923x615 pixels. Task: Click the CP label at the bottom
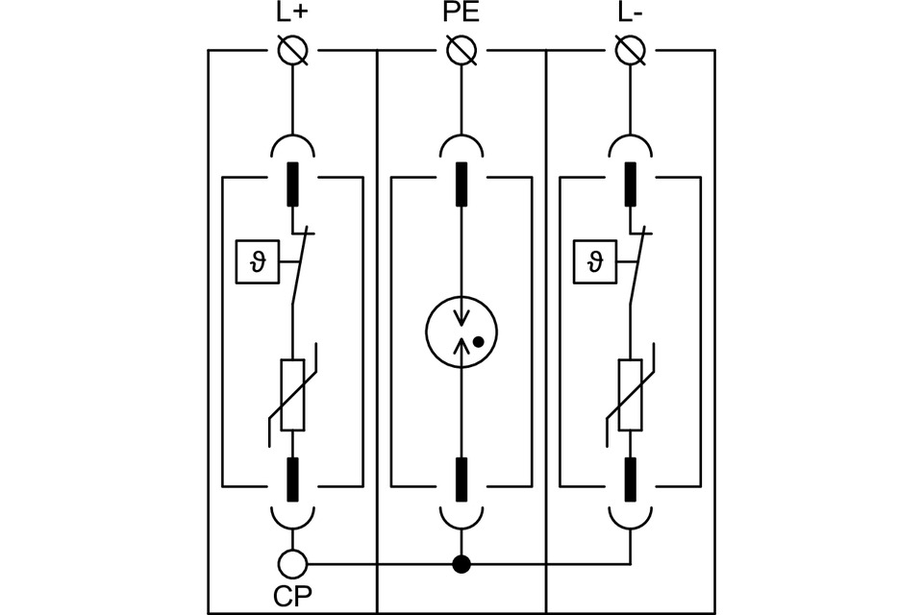point(292,596)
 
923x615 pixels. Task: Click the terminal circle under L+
point(292,50)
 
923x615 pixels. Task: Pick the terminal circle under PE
point(461,50)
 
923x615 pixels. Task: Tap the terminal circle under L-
point(631,50)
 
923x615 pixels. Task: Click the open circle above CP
point(292,563)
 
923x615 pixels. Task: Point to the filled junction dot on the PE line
point(461,564)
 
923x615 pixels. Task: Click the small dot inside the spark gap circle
point(479,341)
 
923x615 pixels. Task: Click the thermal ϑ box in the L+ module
point(258,262)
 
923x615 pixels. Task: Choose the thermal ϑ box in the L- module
point(596,262)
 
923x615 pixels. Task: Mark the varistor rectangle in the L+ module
point(292,395)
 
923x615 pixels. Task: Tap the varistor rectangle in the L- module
point(631,395)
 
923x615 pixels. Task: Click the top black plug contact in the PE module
point(461,184)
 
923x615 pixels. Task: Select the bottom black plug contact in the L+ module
point(292,480)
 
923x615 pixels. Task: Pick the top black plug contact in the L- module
point(631,184)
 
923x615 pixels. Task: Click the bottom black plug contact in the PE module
point(461,480)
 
